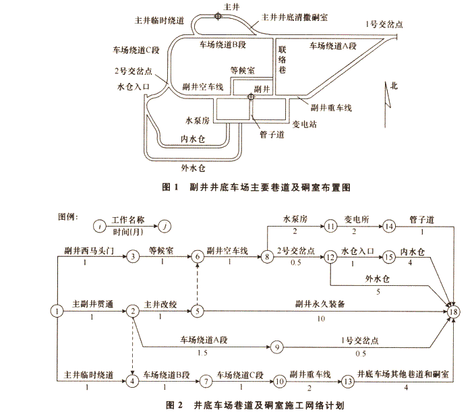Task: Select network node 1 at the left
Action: tap(58, 311)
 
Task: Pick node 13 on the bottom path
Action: tap(347, 381)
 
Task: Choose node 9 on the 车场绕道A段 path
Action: tap(276, 348)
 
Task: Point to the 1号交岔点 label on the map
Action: tap(384, 24)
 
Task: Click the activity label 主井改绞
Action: tap(160, 303)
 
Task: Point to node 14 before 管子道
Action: tap(390, 227)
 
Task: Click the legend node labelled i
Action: tap(100, 227)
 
